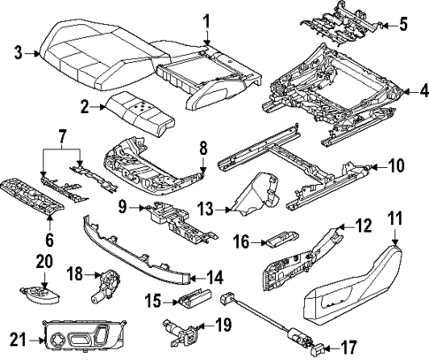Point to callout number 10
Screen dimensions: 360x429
(x=396, y=165)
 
